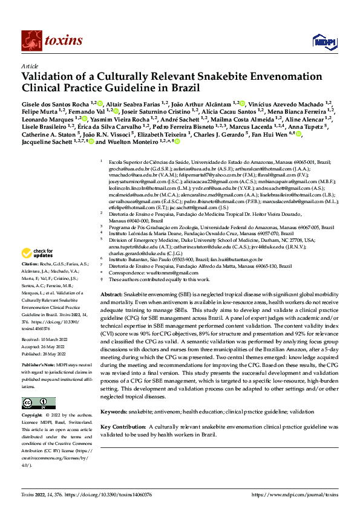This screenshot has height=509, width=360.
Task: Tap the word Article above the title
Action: click(29, 65)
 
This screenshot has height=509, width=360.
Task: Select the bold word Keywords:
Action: click(113, 411)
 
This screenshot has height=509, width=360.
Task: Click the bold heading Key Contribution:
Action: click(125, 426)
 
